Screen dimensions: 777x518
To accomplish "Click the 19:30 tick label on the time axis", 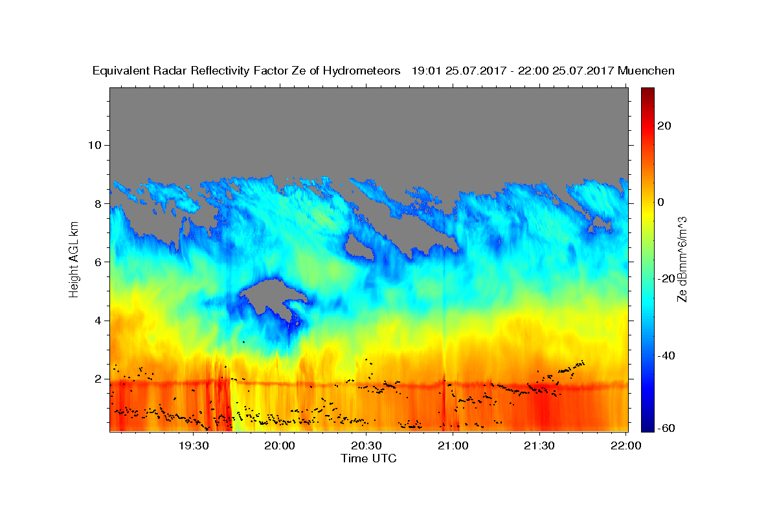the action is point(194,445).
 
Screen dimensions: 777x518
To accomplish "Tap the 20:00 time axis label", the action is point(280,445).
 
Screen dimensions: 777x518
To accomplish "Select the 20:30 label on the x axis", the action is point(366,445).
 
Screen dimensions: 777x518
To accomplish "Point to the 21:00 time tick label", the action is point(453,445).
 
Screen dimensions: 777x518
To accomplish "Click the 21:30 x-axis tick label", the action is point(539,445).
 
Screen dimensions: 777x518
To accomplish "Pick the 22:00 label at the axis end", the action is point(625,445).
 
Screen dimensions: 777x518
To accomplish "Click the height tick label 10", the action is point(95,145).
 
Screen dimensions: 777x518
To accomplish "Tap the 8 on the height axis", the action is point(98,204).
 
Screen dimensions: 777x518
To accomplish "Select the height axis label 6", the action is point(98,262).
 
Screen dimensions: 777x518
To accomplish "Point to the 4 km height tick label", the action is point(98,321).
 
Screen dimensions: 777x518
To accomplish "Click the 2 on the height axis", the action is point(98,379).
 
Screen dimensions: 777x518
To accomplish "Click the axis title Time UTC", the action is point(368,458).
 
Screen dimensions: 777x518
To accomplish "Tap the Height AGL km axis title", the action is point(74,260).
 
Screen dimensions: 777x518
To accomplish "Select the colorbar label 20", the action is point(664,126).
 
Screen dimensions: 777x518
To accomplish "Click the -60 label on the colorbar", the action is point(666,428).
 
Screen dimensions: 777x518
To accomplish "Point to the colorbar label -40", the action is point(666,355).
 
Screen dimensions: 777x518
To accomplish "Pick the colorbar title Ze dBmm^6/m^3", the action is point(682,260).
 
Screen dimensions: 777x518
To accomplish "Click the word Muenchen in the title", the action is point(646,71).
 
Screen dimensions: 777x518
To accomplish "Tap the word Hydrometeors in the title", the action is point(361,71).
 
